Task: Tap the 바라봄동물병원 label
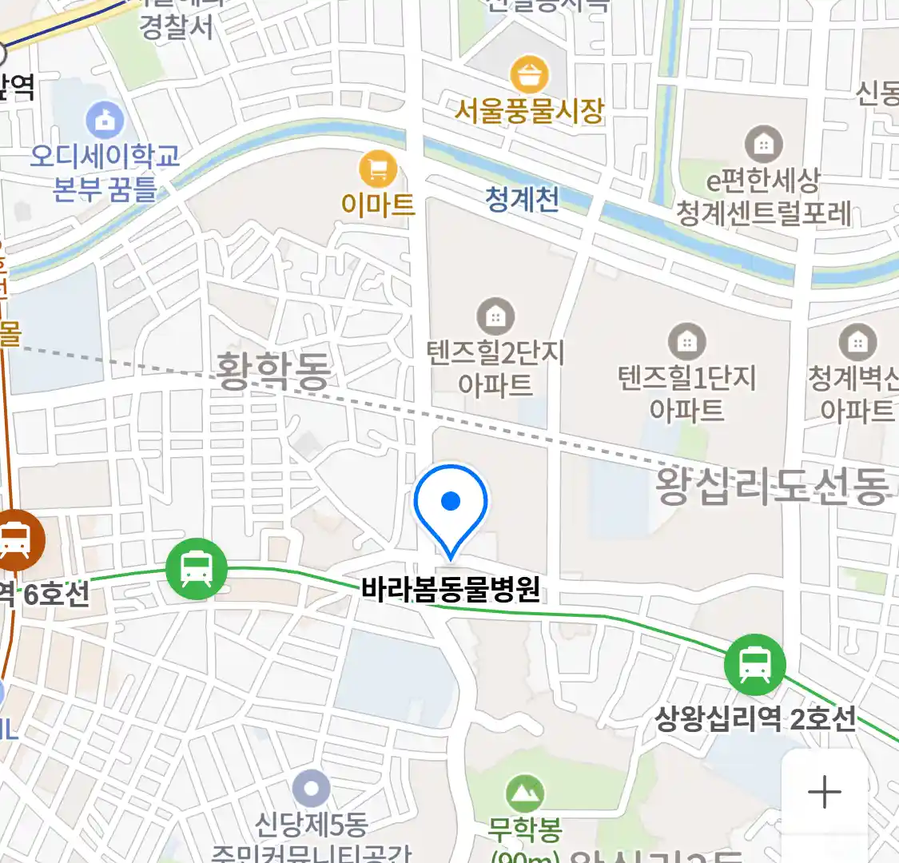tap(451, 590)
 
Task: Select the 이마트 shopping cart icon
tap(378, 169)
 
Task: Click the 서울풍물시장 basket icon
tap(528, 76)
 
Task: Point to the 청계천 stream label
tap(522, 199)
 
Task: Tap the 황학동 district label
tap(273, 372)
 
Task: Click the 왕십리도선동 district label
tap(772, 485)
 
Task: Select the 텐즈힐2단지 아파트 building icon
tap(495, 317)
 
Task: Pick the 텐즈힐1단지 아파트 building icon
tap(686, 342)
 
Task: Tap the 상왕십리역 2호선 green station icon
tap(754, 664)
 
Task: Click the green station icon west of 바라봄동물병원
tap(197, 569)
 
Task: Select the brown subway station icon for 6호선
tap(14, 539)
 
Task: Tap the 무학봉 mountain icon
tap(525, 793)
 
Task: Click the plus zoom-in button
tap(824, 793)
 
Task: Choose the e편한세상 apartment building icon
tap(763, 145)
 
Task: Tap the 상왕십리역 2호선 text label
tap(755, 718)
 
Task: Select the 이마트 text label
tap(378, 205)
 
